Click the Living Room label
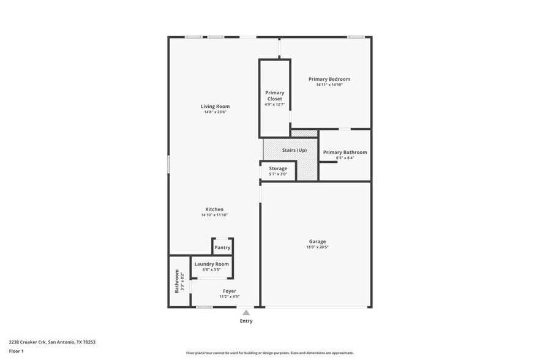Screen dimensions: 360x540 [x=215, y=107]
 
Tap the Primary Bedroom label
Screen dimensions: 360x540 [x=329, y=79]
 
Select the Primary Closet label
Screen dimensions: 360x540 [x=275, y=96]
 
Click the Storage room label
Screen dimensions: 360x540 [x=278, y=168]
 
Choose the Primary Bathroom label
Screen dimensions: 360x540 [x=345, y=152]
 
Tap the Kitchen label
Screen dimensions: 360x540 [x=214, y=209]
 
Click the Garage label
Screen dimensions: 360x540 [x=317, y=241]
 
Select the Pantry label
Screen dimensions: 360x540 [x=222, y=247]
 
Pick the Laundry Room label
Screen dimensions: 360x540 [x=212, y=264]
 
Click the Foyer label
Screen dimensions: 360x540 [x=229, y=291]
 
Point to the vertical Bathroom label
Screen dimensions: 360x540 [x=177, y=280]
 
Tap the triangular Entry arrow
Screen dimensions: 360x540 [x=246, y=312]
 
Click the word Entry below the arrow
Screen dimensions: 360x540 [x=246, y=321]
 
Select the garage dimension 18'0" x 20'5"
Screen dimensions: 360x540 [x=317, y=247]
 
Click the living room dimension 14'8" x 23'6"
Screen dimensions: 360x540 [x=215, y=112]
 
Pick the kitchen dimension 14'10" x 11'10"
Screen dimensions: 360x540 [x=214, y=215]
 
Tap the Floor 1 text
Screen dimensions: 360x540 [x=16, y=351]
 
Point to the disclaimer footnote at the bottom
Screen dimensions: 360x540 [x=269, y=353]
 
